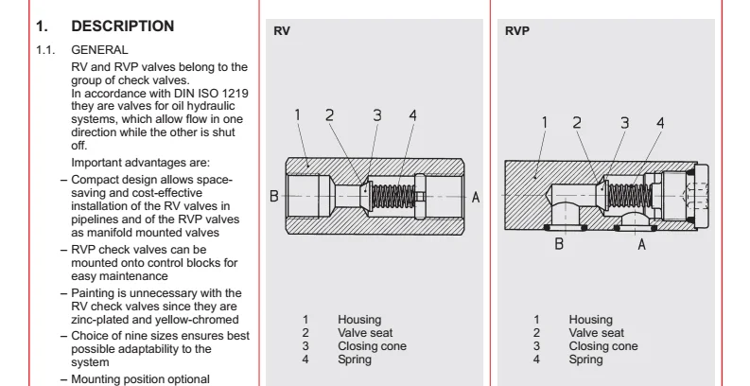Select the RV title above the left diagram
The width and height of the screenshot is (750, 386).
(x=282, y=30)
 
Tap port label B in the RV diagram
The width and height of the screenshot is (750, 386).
(x=273, y=197)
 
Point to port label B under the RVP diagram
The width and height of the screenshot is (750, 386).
(x=560, y=243)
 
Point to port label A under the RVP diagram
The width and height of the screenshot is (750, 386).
(x=642, y=243)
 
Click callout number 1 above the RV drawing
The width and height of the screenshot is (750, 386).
(x=296, y=115)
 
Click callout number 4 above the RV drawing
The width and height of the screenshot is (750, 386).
(x=411, y=115)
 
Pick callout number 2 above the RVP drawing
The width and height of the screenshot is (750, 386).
(x=577, y=122)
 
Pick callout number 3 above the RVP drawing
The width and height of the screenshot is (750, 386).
(x=623, y=122)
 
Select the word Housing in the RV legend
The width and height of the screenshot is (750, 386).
(x=359, y=320)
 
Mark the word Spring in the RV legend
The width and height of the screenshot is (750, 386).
(x=356, y=360)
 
